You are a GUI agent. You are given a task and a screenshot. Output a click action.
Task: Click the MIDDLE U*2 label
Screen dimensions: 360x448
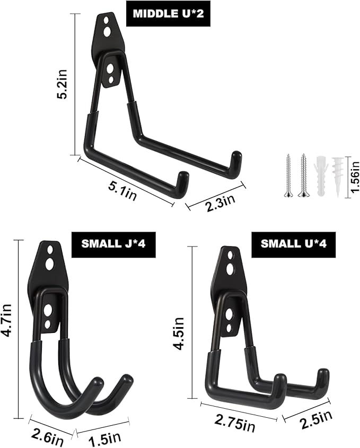(168, 14)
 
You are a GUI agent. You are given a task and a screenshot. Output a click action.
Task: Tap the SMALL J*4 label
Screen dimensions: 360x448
(113, 244)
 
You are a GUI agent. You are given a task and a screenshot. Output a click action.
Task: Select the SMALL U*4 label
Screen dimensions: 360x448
(293, 244)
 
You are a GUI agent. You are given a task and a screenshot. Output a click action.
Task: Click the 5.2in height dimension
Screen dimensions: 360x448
(62, 84)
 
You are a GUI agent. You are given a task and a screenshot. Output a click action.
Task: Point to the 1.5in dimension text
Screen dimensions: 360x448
(104, 438)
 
